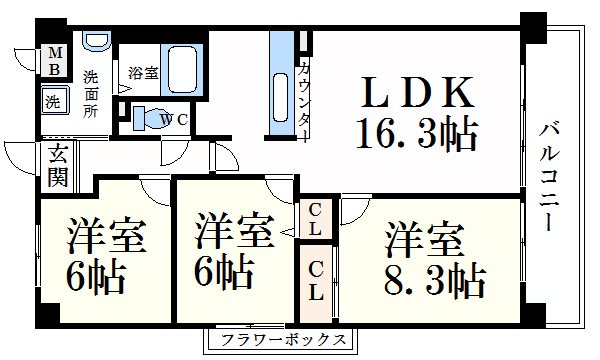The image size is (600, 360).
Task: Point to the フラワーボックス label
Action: pos(279,340)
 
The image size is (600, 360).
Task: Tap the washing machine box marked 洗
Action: pos(52,100)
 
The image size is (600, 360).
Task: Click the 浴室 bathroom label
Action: pos(143,72)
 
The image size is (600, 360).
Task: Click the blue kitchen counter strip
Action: pos(281,85)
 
